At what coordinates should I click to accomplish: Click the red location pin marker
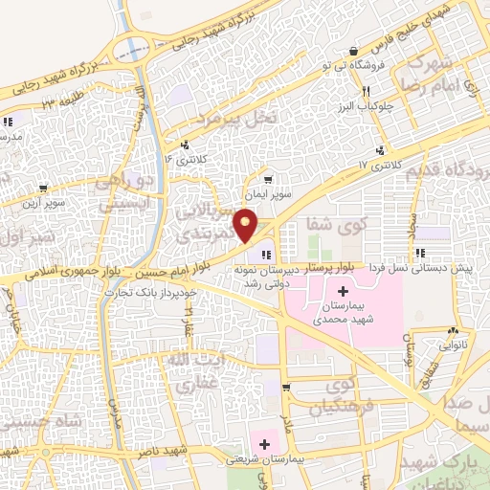[x=246, y=227]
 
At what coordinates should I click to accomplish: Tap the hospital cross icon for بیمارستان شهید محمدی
[x=344, y=290]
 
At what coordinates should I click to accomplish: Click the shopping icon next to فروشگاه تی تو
[x=355, y=52]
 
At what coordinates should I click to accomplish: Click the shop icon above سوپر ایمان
[x=268, y=178]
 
